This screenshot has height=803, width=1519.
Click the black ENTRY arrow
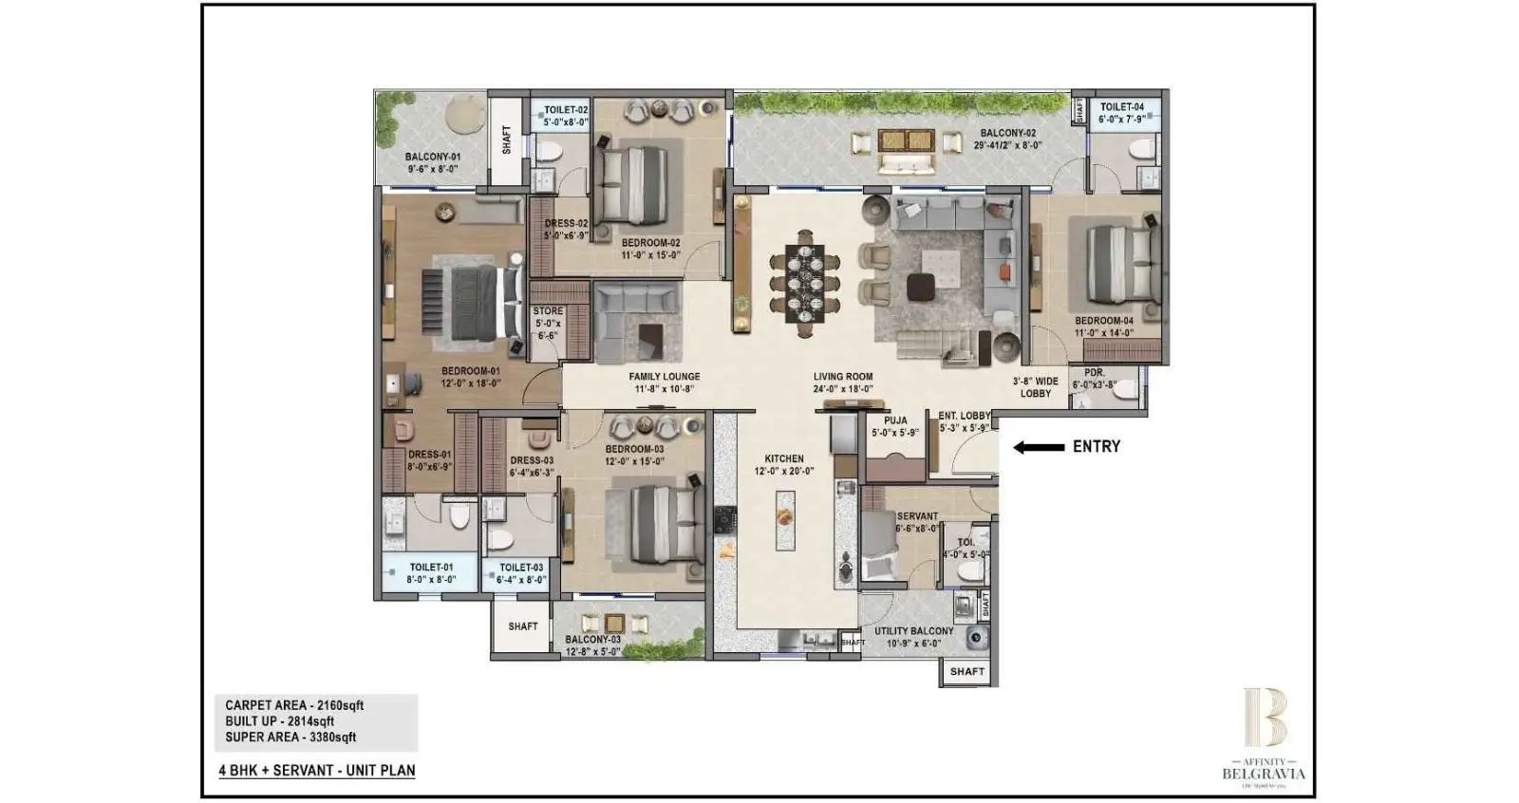1038,447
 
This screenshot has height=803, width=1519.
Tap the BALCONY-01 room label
432,157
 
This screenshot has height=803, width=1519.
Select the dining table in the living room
805,282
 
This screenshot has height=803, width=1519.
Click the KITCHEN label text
784,459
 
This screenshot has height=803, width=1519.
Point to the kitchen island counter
784,519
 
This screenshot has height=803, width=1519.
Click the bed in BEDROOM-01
471,302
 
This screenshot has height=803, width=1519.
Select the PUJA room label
895,420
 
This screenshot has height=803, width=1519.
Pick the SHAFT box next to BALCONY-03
522,627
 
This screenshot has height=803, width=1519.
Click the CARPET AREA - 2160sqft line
294,705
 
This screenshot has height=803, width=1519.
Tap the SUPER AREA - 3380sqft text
291,738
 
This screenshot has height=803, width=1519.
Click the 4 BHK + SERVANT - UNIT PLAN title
317,771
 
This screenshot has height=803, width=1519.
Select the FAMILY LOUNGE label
664,377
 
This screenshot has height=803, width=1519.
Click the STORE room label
548,311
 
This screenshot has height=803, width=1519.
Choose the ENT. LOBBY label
964,416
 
